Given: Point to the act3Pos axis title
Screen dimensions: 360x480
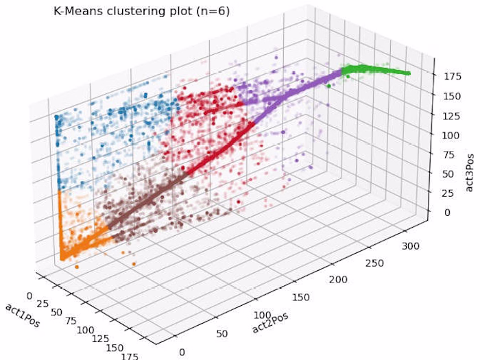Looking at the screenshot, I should [x=470, y=158].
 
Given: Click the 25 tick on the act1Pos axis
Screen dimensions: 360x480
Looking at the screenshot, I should [x=42, y=304].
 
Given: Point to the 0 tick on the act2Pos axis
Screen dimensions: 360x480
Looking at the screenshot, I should [x=182, y=352].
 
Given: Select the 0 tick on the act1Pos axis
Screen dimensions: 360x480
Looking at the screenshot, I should [x=28, y=296].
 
